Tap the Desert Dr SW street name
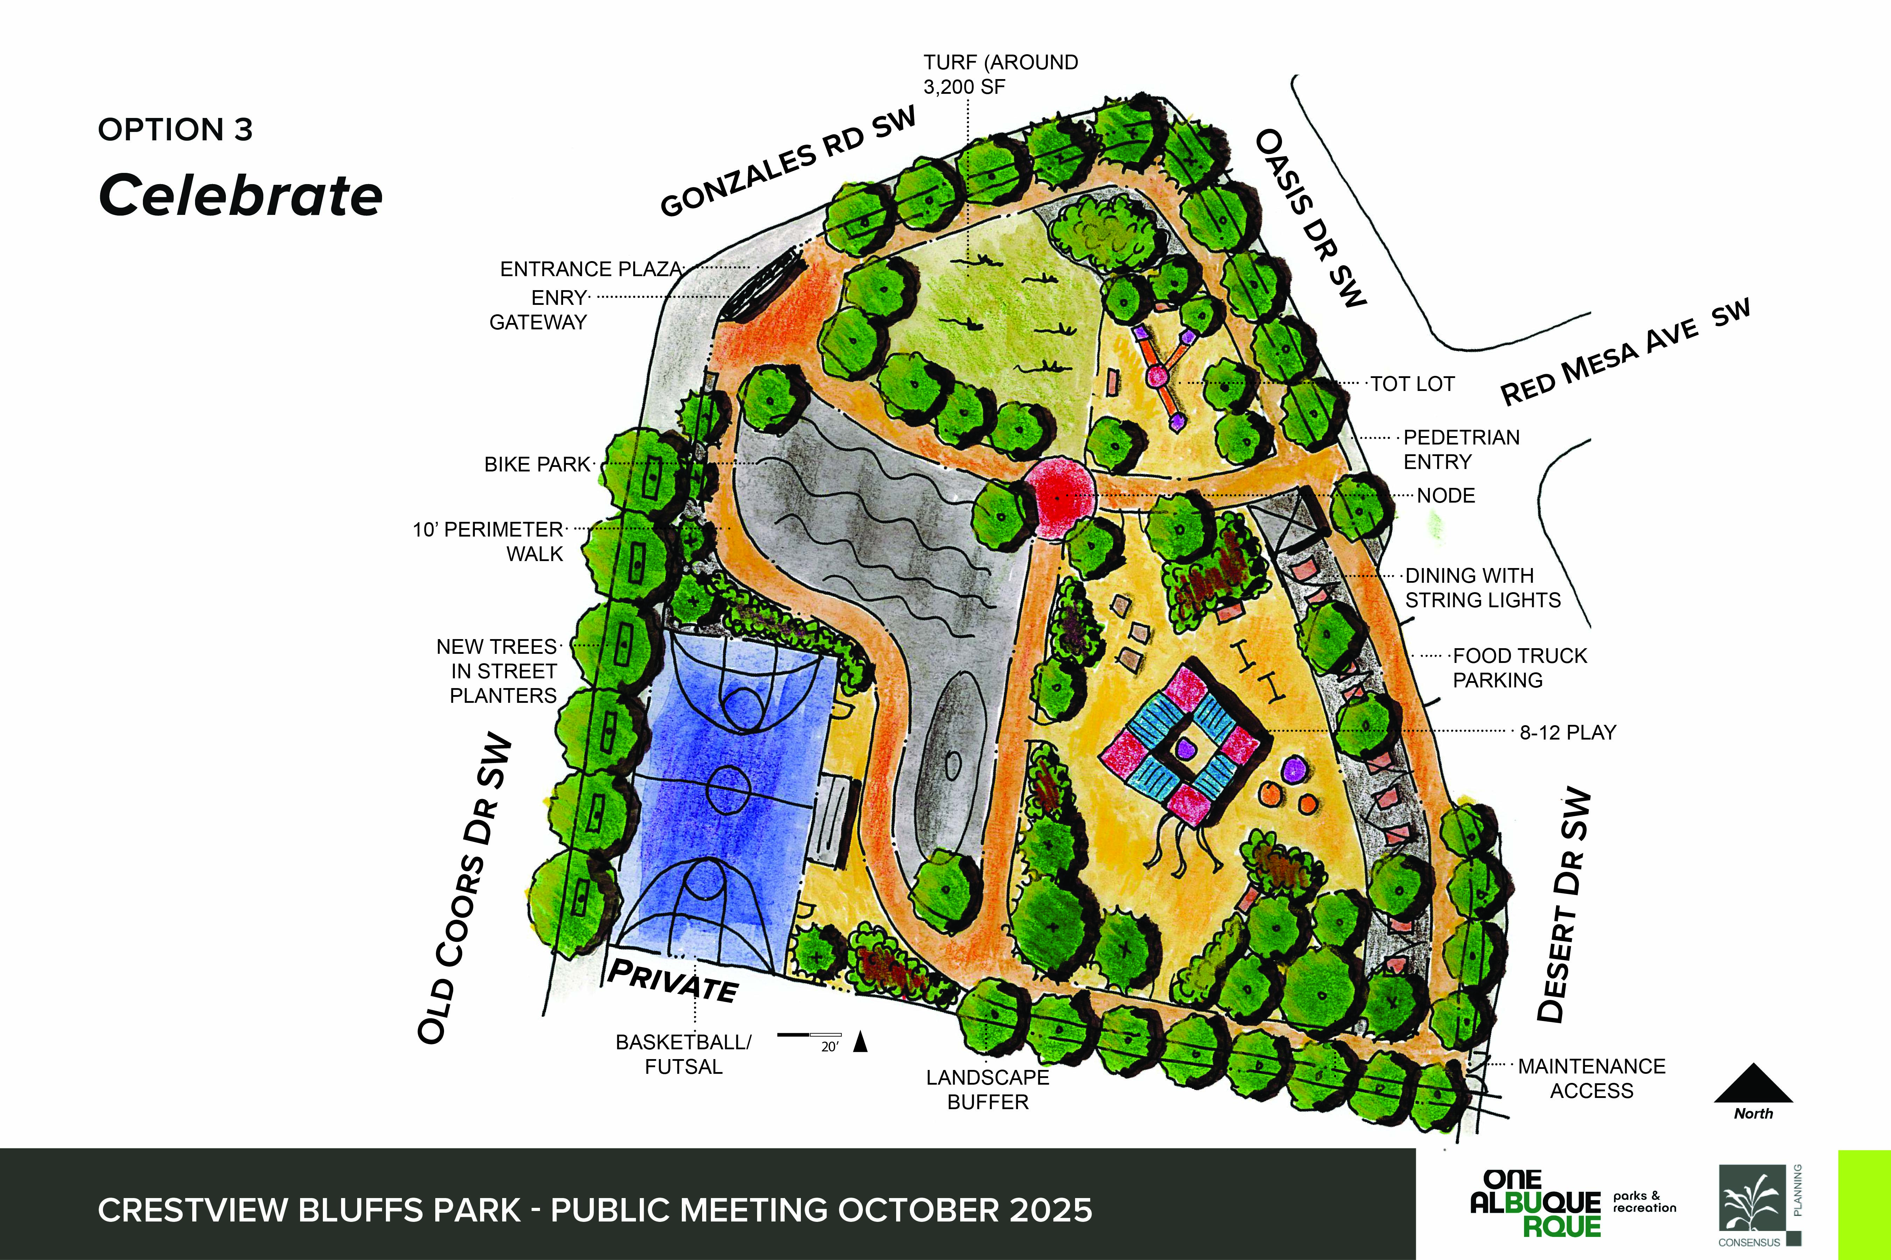tap(1564, 904)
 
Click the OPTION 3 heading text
tap(175, 129)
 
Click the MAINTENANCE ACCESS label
tap(1591, 1078)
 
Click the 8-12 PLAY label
tap(1567, 732)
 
